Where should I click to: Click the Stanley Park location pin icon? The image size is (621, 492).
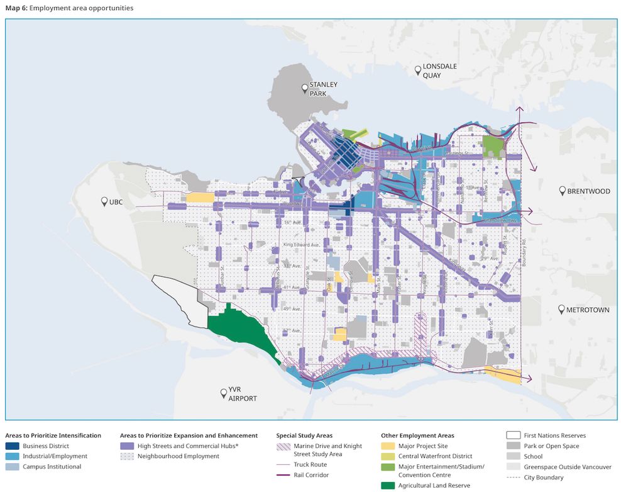click(304, 88)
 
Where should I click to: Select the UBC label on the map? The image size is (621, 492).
click(116, 202)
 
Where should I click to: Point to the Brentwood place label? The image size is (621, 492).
click(588, 191)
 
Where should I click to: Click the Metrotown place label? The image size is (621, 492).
click(588, 310)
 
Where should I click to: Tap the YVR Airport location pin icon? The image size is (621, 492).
click(223, 393)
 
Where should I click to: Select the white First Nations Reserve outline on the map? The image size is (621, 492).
click(179, 302)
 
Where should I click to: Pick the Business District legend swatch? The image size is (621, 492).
click(13, 446)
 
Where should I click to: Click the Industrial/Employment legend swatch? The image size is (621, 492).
click(13, 456)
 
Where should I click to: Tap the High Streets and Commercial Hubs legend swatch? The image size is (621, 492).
click(127, 446)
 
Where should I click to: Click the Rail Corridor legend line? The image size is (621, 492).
click(283, 475)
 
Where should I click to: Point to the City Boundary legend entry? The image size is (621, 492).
click(543, 478)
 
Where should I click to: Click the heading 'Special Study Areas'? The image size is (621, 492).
click(304, 435)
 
